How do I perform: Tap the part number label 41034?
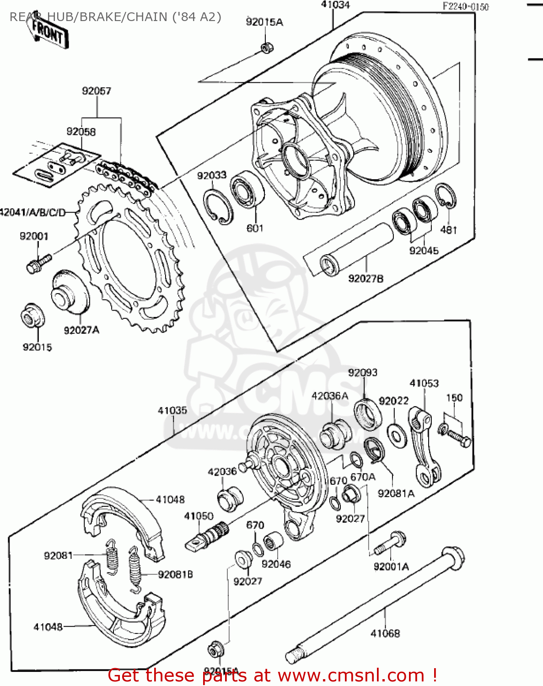click(x=335, y=5)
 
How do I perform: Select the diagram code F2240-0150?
click(x=465, y=6)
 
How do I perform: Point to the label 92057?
click(x=97, y=91)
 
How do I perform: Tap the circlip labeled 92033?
click(x=218, y=207)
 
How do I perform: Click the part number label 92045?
click(x=424, y=251)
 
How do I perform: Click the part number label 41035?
click(x=172, y=411)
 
